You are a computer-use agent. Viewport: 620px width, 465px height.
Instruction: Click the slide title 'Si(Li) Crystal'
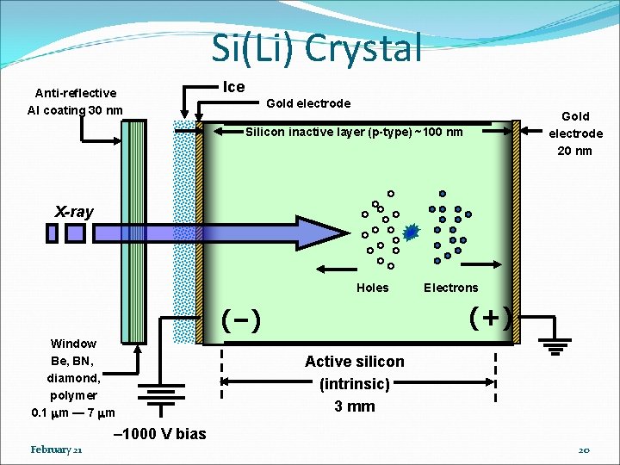pos(317,48)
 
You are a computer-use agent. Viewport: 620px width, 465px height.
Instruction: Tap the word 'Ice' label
pos(233,87)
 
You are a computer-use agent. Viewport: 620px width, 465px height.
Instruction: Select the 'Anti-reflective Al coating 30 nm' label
pos(76,102)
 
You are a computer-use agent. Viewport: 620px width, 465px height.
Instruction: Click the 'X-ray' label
pos(74,212)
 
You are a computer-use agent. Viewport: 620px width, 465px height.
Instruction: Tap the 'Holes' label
pos(372,288)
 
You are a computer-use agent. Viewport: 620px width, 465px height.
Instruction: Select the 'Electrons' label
pos(450,288)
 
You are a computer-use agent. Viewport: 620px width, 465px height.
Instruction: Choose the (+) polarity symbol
pos(490,317)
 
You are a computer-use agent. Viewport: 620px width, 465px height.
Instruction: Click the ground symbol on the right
pos(556,347)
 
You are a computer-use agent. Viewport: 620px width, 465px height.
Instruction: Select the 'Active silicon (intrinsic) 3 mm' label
pos(354,384)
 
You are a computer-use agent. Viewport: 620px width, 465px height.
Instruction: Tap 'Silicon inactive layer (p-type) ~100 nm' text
pos(354,133)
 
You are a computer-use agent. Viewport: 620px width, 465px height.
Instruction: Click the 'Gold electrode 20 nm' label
pos(575,133)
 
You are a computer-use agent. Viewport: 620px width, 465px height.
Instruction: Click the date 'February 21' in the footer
pos(56,450)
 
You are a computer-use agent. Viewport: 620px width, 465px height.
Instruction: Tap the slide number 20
pos(583,450)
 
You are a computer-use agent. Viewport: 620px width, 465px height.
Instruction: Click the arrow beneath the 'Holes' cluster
pos(344,268)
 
